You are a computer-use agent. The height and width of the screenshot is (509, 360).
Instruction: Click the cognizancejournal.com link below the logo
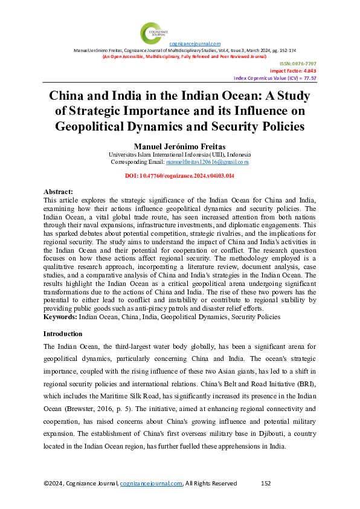tap(194, 44)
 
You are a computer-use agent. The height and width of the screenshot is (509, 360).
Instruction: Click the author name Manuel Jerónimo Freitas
tap(179, 147)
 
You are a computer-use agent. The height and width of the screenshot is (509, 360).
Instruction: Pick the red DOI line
tap(179, 175)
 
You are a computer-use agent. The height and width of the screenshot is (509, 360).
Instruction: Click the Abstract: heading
tap(59, 190)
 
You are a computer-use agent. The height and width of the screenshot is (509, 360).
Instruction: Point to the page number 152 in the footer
tap(265, 484)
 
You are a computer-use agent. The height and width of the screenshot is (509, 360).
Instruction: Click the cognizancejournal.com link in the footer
tap(151, 484)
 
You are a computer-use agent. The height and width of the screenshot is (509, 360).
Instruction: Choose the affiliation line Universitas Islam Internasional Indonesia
tap(179, 155)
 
